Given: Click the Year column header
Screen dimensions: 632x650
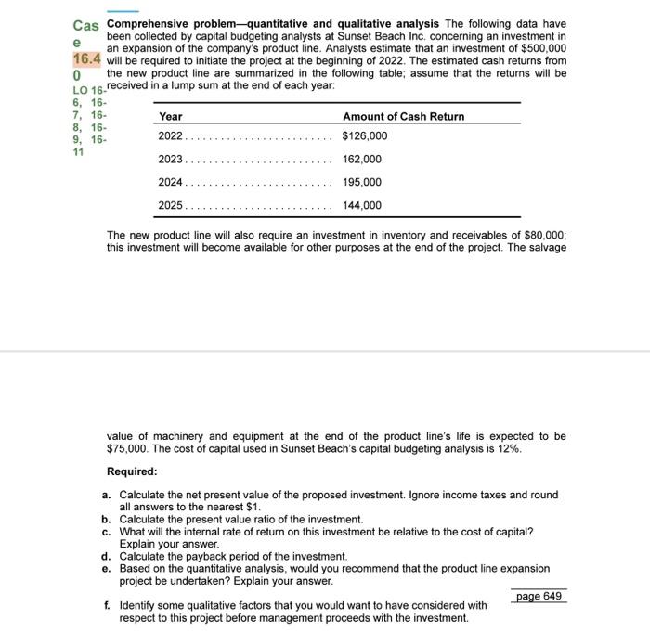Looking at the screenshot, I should pos(171,116).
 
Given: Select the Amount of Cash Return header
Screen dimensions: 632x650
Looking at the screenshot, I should pos(403,116).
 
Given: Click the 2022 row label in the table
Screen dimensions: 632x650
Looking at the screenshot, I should pos(171,136).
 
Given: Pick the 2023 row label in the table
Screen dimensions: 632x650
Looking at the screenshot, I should pos(171,160).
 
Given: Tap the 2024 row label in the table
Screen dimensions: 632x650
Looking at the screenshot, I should pos(171,183).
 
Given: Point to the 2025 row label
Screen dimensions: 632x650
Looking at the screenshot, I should pos(171,206).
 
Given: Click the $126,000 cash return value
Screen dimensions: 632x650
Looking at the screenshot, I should pos(365,136).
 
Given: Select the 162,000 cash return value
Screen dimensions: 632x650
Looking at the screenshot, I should pos(362,160).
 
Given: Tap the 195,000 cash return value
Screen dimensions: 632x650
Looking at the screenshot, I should pos(362,183).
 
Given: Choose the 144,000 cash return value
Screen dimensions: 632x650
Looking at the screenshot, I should pos(362,206).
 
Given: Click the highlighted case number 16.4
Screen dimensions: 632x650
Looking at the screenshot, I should pos(86,59).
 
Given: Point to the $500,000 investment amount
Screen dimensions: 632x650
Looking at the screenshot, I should pos(539,48).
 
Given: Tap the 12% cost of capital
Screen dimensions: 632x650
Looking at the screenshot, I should pos(509,448).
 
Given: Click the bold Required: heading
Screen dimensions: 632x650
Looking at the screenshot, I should pos(132,471).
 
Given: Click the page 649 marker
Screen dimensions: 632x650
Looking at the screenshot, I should pos(539,596).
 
